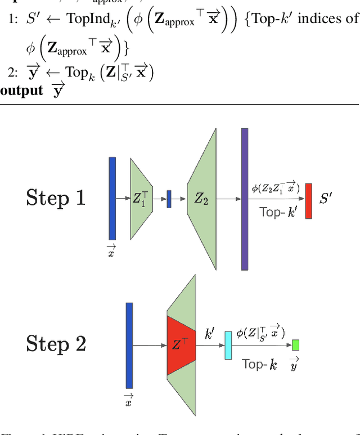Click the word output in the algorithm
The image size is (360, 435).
[21, 90]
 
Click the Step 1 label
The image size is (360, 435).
[56, 198]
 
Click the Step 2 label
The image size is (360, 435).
[56, 344]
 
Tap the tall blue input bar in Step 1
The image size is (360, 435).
[112, 198]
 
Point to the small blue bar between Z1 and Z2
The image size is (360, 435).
[169, 199]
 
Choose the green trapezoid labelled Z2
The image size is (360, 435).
[202, 199]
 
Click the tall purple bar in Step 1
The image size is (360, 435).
[245, 199]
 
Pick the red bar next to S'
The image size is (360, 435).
[308, 200]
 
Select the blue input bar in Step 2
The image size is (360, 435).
[129, 345]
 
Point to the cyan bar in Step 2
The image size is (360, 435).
[228, 345]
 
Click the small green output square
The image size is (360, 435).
[295, 345]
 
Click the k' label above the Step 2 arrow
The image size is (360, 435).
[209, 334]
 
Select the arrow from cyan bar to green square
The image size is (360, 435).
[262, 345]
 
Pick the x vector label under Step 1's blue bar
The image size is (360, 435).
[112, 251]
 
